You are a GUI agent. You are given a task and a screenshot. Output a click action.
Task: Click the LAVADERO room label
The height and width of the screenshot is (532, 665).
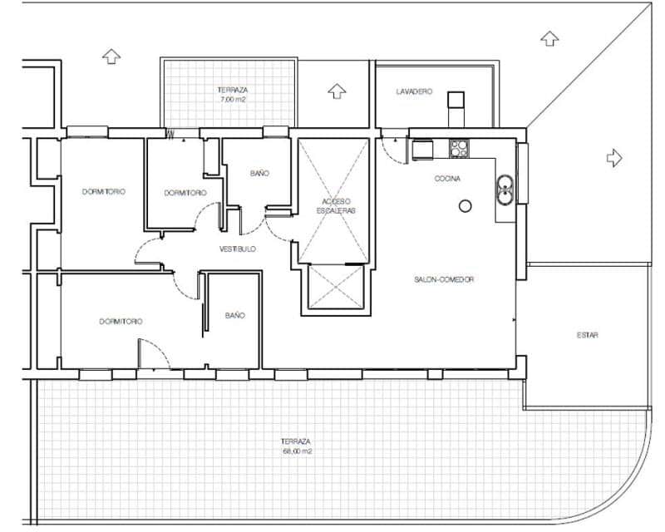click(x=414, y=92)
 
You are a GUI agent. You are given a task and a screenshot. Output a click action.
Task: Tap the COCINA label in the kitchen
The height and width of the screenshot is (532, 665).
click(x=447, y=179)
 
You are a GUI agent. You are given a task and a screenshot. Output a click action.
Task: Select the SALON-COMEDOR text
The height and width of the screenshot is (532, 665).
click(x=444, y=280)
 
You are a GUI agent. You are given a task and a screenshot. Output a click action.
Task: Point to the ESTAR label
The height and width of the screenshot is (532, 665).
click(x=588, y=336)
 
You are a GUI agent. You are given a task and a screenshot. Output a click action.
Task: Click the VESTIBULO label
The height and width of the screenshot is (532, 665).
click(x=238, y=249)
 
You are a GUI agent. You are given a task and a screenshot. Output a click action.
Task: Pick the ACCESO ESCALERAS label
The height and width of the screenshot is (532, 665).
click(x=336, y=207)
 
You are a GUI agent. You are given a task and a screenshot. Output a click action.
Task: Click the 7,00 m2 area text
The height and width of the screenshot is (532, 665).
click(x=232, y=99)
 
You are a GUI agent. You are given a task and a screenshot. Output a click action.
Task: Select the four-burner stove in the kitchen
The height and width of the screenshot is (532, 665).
click(x=460, y=149)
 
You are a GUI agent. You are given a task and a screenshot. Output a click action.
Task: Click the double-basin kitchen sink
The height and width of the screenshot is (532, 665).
click(x=505, y=190)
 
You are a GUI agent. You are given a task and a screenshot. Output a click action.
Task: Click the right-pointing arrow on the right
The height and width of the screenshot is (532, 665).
click(x=613, y=157)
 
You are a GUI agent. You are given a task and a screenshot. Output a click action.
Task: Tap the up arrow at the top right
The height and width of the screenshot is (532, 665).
click(x=549, y=37)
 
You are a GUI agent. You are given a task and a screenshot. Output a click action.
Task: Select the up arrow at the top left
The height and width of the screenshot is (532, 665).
click(x=111, y=57)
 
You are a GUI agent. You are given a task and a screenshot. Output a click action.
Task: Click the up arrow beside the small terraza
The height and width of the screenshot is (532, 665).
click(x=336, y=90)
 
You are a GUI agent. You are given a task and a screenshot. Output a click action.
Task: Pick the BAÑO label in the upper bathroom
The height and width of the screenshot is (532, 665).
click(x=259, y=174)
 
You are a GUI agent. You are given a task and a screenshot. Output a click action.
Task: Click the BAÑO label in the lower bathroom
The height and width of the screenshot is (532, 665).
click(x=234, y=316)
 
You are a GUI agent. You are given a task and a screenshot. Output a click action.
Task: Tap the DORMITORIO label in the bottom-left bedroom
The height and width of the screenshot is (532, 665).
click(x=121, y=321)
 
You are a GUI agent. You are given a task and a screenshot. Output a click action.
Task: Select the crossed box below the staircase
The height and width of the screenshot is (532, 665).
click(x=336, y=287)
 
